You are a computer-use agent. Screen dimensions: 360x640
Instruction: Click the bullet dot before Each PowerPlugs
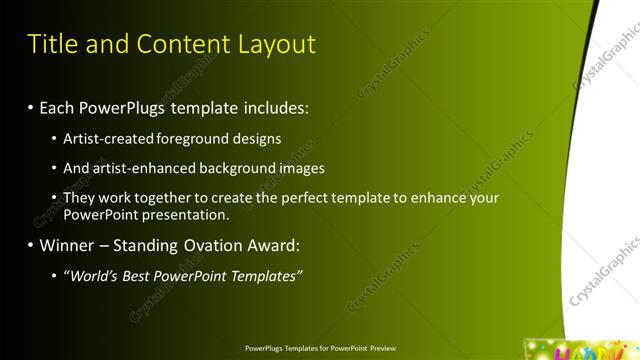pyautogui.click(x=31, y=106)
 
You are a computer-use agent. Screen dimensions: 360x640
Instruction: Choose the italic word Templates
pyautogui.click(x=267, y=276)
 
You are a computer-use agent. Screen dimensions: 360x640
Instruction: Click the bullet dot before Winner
pyautogui.click(x=31, y=245)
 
